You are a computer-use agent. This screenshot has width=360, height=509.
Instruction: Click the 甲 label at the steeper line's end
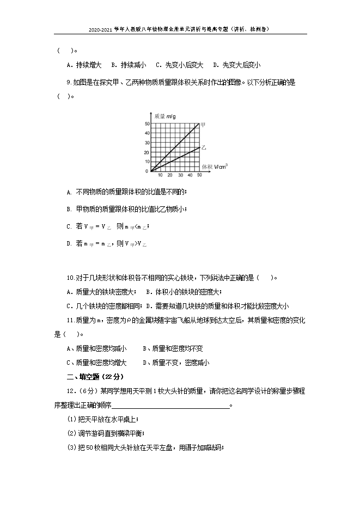pyautogui.click(x=203, y=124)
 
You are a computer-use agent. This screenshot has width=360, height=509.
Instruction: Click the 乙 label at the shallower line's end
pyautogui.click(x=203, y=147)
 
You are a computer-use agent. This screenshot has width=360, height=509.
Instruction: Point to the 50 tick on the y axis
pyautogui.click(x=147, y=125)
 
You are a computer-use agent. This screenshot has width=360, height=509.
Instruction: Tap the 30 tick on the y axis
pyautogui.click(x=147, y=143)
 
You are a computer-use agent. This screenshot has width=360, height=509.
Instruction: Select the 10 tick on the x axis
pyautogui.click(x=160, y=175)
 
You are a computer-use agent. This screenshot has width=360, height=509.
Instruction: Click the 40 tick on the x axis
pyautogui.click(x=190, y=175)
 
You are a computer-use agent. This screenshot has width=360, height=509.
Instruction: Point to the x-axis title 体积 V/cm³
pyautogui.click(x=214, y=166)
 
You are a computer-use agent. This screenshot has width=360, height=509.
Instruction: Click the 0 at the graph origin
pyautogui.click(x=147, y=171)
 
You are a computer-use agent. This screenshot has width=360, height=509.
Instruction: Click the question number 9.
pyautogui.click(x=68, y=82)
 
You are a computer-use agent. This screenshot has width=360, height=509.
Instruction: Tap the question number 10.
pyautogui.click(x=70, y=278)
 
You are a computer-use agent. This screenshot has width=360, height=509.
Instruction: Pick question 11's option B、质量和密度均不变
pyautogui.click(x=172, y=348)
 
